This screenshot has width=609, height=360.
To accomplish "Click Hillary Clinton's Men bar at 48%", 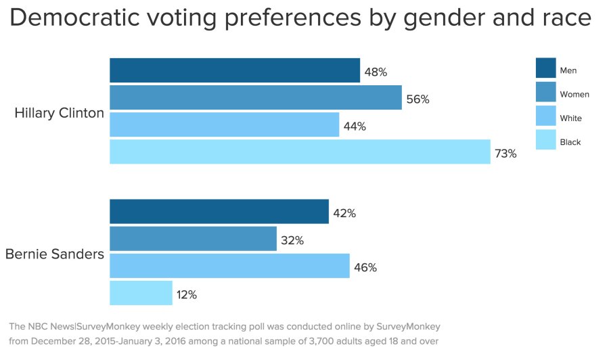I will pyautogui.click(x=235, y=70).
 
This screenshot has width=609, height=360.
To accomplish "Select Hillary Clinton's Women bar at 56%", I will pyautogui.click(x=256, y=98).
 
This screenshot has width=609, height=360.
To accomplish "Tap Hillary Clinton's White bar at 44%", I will pyautogui.click(x=225, y=125).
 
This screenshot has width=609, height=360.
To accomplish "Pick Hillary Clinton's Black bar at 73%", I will pyautogui.click(x=300, y=152).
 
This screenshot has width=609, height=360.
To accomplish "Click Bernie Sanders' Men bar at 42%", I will pyautogui.click(x=219, y=212).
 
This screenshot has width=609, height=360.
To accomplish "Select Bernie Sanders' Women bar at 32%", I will pyautogui.click(x=194, y=239).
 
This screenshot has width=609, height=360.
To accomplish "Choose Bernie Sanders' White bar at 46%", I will pyautogui.click(x=230, y=266).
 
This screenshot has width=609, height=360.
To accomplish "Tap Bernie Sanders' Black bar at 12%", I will pyautogui.click(x=141, y=293).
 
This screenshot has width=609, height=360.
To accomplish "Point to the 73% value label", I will pyautogui.click(x=505, y=154).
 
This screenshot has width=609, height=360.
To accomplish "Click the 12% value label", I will pyautogui.click(x=187, y=295).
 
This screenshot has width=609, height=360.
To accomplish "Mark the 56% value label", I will pyautogui.click(x=418, y=99).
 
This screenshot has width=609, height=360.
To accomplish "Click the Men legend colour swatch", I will pyautogui.click(x=545, y=68).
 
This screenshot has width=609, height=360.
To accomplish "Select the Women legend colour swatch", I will pyautogui.click(x=545, y=93).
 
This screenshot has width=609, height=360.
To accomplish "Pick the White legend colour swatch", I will pyautogui.click(x=545, y=116).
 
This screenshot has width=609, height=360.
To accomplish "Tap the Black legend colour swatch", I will pyautogui.click(x=545, y=140).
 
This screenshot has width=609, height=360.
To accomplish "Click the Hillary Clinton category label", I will pyautogui.click(x=60, y=113).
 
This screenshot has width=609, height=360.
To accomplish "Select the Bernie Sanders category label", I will pyautogui.click(x=55, y=254).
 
